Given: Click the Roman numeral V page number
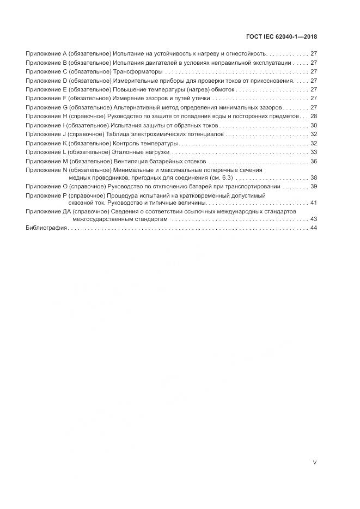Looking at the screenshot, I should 314,462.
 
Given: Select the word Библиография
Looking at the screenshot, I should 46,228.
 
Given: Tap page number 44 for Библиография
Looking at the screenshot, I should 313,228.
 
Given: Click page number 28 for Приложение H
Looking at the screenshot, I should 313,116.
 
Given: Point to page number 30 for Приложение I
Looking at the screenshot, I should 313,125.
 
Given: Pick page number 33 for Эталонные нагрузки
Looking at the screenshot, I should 313,152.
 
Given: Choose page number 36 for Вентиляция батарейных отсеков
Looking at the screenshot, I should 313,161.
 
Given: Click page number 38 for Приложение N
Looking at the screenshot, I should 313,177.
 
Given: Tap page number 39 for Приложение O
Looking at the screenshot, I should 313,186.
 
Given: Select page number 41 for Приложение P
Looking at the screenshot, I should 313,203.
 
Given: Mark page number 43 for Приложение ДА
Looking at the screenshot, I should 313,219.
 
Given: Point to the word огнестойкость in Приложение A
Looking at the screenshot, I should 246,54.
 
